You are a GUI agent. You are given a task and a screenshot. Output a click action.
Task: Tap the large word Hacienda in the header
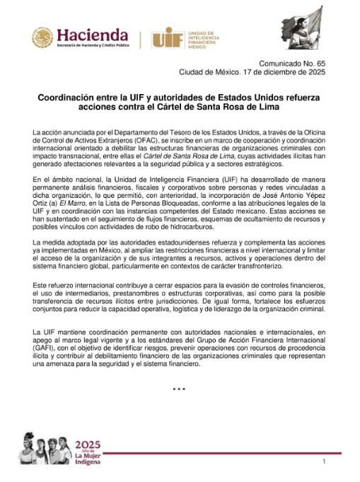click(92, 35)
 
